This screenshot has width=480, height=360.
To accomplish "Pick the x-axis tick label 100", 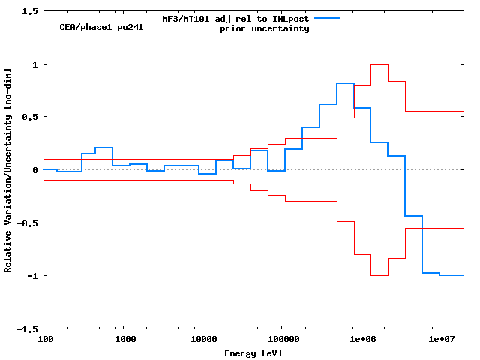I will (x=45, y=340).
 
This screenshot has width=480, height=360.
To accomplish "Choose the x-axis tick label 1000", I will (x=125, y=340).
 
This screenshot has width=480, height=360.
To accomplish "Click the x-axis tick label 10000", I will (x=202, y=340).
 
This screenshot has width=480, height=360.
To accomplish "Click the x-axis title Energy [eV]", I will (x=253, y=352).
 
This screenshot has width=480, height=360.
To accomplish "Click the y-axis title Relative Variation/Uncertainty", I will (x=8, y=169).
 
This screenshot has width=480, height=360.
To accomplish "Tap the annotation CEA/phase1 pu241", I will (x=101, y=27).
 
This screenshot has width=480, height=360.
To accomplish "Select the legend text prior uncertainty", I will (x=264, y=28).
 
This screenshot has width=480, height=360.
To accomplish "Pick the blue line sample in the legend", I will (x=327, y=18).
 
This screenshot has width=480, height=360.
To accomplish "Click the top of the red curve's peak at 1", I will (x=379, y=64).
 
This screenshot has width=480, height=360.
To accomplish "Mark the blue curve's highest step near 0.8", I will (x=345, y=83).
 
